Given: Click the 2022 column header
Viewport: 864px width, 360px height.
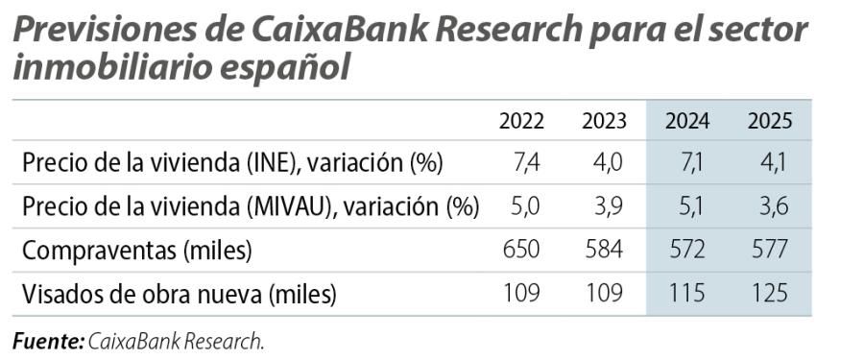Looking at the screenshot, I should pyautogui.click(x=521, y=121).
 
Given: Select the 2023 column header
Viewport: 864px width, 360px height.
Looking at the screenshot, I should pyautogui.click(x=604, y=121).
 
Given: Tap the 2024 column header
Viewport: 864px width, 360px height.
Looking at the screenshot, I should pyautogui.click(x=686, y=121).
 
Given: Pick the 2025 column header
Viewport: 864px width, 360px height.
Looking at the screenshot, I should pyautogui.click(x=769, y=121).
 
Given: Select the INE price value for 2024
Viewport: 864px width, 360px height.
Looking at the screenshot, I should pyautogui.click(x=691, y=163).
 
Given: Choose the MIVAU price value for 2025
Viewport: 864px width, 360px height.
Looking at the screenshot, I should pyautogui.click(x=773, y=207).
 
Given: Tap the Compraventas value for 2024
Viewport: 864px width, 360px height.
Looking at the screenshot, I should pyautogui.click(x=686, y=251).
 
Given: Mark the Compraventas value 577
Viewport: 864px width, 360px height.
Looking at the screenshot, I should pyautogui.click(x=769, y=251).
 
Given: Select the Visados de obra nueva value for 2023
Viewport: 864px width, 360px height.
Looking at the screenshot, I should pyautogui.click(x=604, y=294).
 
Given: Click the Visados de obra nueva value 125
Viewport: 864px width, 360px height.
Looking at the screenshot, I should pyautogui.click(x=769, y=294).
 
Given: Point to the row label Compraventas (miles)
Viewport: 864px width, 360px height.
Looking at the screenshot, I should pyautogui.click(x=136, y=252).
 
